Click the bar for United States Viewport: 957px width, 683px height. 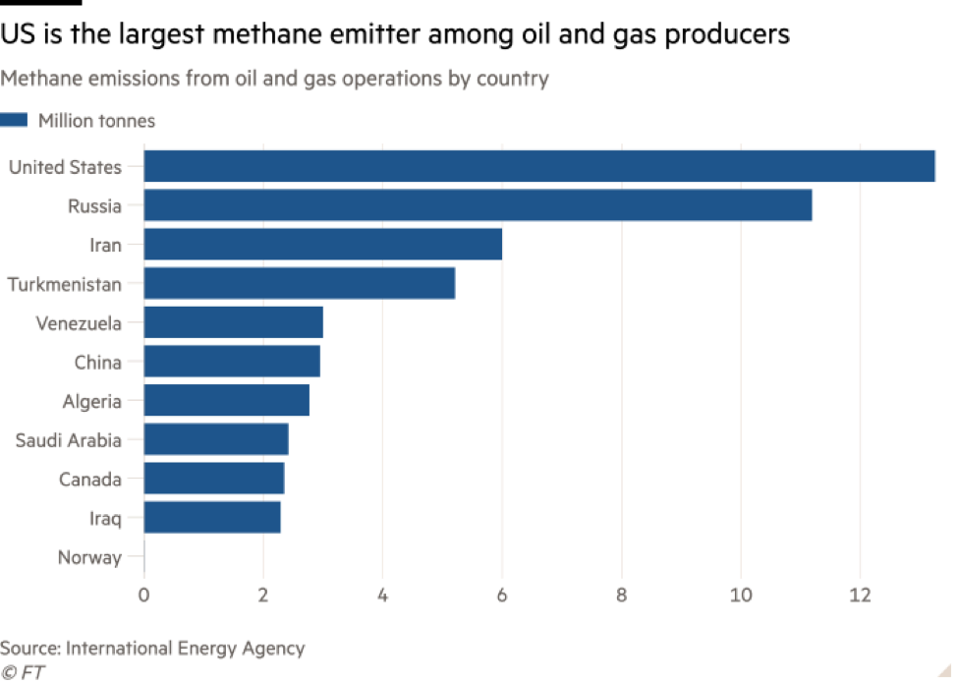tap(539, 166)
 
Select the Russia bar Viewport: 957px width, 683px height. tap(478, 205)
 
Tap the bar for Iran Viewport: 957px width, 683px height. tap(322, 245)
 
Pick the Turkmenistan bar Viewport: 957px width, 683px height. tap(300, 284)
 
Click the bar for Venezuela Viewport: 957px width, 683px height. tap(234, 322)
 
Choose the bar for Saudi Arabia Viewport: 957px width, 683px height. tap(216, 440)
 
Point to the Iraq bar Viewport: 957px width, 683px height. tap(212, 518)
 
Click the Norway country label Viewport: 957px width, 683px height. tap(89, 558)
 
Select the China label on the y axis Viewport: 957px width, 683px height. tap(98, 363)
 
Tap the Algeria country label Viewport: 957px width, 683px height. tap(92, 401)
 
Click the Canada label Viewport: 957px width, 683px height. tap(90, 480)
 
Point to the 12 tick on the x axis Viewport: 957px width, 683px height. tap(860, 595)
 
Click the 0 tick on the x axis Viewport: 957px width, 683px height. tap(143, 595)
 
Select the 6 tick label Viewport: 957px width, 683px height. tap(502, 595)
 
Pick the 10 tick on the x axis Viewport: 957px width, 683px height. tap(740, 595)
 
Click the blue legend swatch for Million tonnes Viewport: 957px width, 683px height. tap(14, 121)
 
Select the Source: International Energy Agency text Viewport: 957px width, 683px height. tap(152, 648)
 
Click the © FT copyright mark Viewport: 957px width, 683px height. tap(25, 672)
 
